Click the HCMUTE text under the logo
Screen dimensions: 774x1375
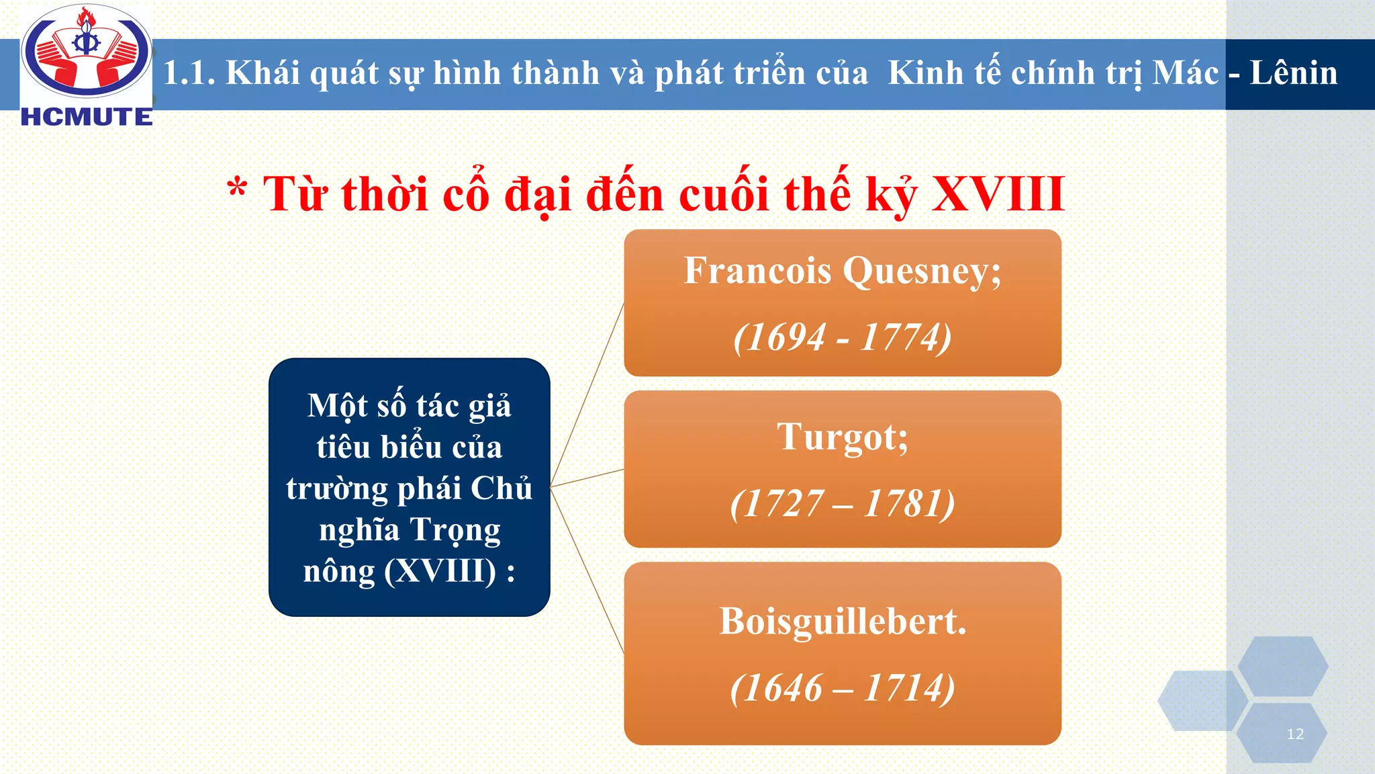pos(87,117)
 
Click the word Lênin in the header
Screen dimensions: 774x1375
pos(1293,73)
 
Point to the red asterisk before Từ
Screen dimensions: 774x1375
pos(236,189)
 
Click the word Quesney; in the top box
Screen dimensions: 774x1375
pos(922,272)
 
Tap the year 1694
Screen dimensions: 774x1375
pos(786,337)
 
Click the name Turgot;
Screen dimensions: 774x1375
pos(843,438)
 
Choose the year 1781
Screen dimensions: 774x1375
pos(904,503)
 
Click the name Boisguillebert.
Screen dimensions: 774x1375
pos(843,621)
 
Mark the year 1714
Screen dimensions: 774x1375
pos(904,688)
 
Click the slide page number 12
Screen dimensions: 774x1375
pos(1295,734)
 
